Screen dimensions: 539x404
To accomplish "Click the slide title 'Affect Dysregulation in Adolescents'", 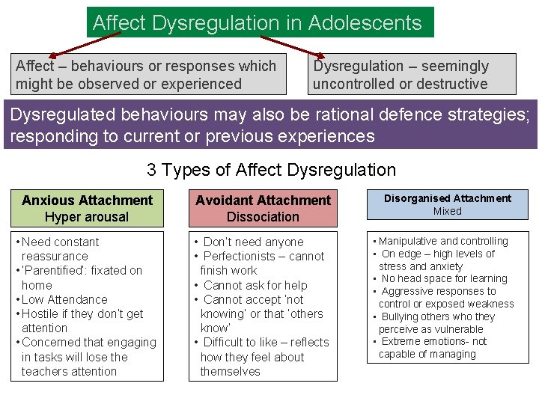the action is click(257, 22).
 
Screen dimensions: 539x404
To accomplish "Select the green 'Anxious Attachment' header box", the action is click(87, 209).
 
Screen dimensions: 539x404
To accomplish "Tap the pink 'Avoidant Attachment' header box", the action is click(263, 209).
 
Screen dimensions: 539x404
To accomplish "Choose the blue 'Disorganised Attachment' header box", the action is click(448, 204).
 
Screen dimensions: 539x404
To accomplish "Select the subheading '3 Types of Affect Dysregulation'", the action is click(271, 170).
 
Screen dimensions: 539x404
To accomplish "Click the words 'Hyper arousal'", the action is click(87, 217).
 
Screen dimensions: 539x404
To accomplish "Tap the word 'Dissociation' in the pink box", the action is click(263, 217).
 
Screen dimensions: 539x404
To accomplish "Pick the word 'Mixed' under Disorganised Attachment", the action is click(448, 211).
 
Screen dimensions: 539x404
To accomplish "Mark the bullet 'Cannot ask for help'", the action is click(255, 285).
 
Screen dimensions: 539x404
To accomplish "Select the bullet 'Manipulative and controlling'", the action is click(443, 241).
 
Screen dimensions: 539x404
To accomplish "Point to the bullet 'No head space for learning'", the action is click(444, 278).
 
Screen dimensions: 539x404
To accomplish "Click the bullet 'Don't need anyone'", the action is click(253, 242).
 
